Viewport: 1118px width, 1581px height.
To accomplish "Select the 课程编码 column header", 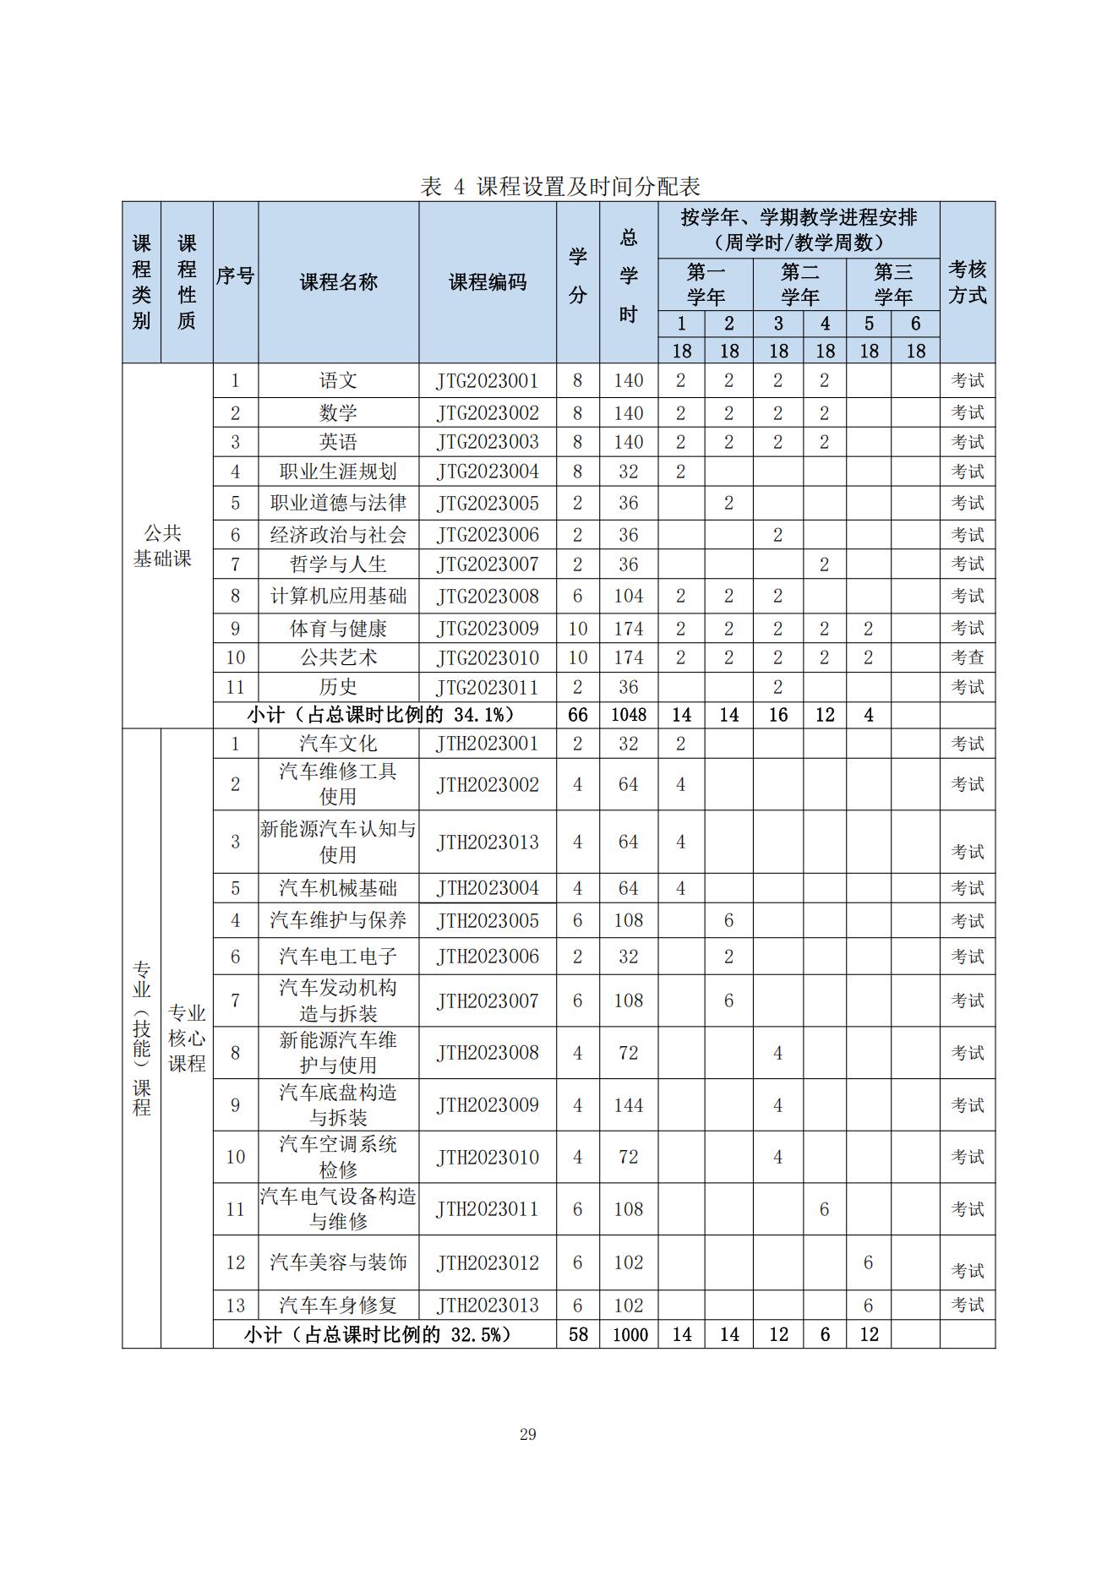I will point(488,282).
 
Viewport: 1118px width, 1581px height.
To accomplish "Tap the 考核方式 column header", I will point(967,282).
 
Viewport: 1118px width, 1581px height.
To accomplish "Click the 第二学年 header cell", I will point(799,285).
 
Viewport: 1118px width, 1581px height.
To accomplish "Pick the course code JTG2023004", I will point(488,472).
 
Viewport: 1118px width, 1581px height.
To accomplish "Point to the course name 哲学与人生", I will point(338,564).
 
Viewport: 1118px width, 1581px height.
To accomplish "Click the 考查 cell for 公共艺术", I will point(967,657).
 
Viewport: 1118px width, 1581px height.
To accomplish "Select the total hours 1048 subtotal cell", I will point(628,715).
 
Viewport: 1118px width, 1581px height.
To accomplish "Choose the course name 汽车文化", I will point(338,744).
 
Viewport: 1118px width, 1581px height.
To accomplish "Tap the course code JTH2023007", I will point(488,1000).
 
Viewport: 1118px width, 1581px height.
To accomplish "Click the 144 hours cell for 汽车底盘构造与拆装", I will point(628,1105).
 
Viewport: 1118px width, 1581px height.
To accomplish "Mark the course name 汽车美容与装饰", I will point(338,1262).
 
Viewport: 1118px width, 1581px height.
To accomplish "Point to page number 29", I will point(528,1434).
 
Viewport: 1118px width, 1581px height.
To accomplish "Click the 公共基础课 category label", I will point(162,545).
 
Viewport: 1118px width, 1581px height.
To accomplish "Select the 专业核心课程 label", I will point(187,1038).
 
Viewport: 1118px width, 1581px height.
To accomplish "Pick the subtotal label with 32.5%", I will point(378,1335).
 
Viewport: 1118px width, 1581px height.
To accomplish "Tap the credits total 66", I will point(577,715).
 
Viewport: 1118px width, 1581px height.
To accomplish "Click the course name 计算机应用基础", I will point(338,596).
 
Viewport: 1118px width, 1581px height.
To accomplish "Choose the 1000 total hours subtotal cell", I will point(628,1335).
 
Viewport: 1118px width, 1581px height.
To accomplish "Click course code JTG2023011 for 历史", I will point(488,687).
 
